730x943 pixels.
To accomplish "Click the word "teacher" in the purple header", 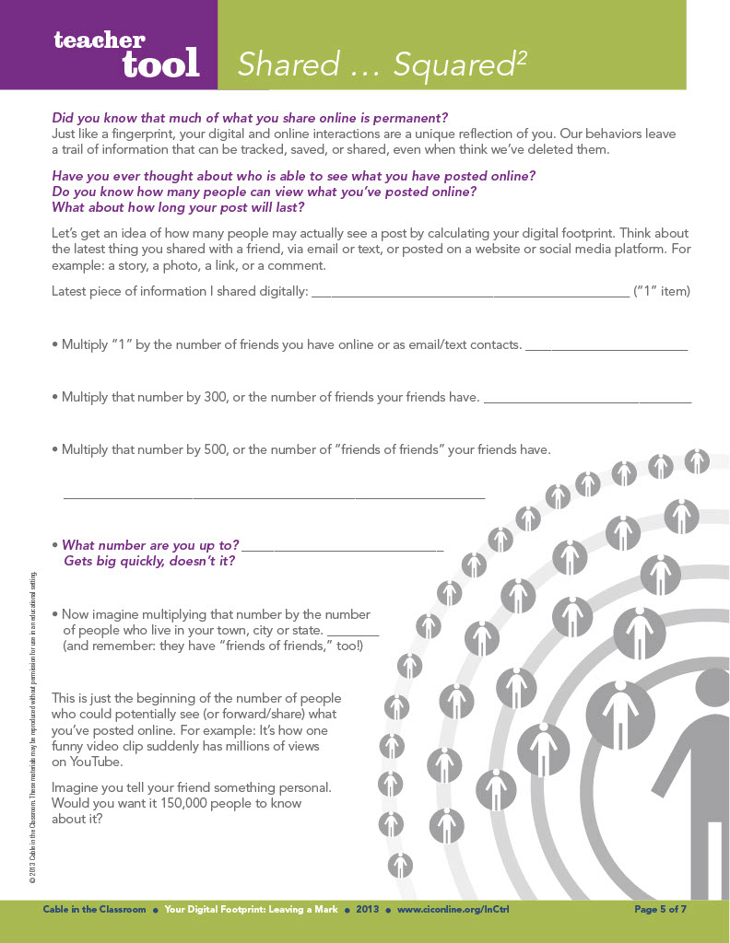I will click(x=99, y=40).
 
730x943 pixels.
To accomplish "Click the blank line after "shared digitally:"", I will click(x=469, y=294).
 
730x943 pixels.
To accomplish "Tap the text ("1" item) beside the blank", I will click(x=661, y=292).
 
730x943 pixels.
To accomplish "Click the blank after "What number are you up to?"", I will click(x=344, y=548).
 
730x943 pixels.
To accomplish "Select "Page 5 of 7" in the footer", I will click(x=661, y=910).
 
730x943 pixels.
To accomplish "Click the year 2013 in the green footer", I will click(x=368, y=910).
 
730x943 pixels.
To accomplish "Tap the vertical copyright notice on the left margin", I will click(x=32, y=728).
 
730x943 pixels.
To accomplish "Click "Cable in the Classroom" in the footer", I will click(x=94, y=910).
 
